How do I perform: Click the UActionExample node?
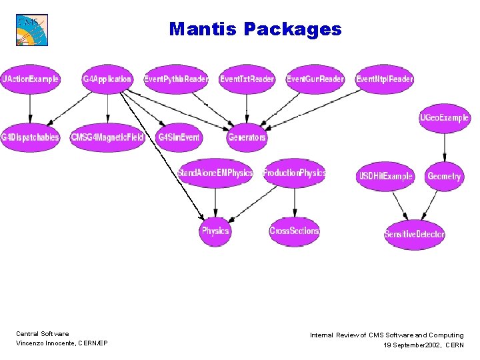tap(31, 79)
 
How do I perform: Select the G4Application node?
tap(107, 79)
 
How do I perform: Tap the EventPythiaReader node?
tap(176, 79)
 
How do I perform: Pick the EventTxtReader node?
tap(247, 79)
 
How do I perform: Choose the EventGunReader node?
tap(315, 79)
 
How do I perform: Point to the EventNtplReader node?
tap(385, 79)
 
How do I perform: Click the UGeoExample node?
tap(444, 118)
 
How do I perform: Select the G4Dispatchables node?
tap(30, 137)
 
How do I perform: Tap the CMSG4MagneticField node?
tap(107, 137)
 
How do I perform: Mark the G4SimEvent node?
tap(178, 137)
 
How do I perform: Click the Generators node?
tap(247, 137)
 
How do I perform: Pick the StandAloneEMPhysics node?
tap(215, 173)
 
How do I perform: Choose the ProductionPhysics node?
tap(294, 173)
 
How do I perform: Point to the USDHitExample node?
tap(385, 176)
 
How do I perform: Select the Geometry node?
tap(444, 176)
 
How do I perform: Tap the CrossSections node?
tap(294, 231)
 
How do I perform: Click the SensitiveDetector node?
tap(414, 234)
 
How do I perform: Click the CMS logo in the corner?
tap(32, 30)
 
